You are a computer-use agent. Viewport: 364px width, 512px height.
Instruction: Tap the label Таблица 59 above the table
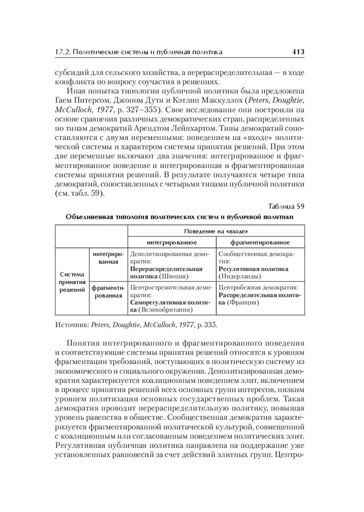coord(286,206)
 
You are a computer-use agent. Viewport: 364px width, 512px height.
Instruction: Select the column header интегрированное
coord(172,242)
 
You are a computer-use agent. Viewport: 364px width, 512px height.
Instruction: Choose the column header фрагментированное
coord(260,242)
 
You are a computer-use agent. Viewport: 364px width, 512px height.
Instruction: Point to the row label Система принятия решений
coord(72,282)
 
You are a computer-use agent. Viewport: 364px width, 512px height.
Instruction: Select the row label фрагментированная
coord(108,291)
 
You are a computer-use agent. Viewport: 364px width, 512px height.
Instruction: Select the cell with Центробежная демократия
coord(260,295)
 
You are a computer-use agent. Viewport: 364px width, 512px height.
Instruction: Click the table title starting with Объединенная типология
coord(179,217)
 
